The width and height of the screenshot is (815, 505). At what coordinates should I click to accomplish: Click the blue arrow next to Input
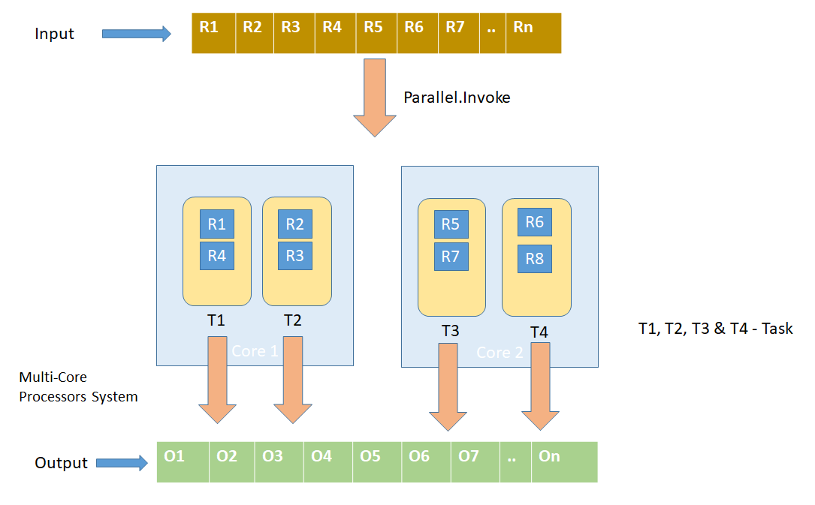tap(136, 34)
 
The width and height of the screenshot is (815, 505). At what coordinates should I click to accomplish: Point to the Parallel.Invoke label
tap(457, 98)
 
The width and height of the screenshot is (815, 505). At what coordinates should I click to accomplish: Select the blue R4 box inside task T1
tap(217, 256)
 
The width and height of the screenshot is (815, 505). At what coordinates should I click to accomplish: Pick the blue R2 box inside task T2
tap(295, 224)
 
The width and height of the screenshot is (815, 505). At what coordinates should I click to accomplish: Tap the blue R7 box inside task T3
tap(451, 257)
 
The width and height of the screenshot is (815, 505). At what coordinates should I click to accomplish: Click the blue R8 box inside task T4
tap(535, 259)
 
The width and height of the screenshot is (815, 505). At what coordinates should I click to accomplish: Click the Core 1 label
tap(255, 351)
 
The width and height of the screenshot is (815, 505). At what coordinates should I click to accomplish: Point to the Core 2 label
tap(500, 353)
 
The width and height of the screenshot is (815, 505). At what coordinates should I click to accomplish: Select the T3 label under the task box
tap(451, 331)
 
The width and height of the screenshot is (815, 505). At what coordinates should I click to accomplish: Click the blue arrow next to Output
tap(122, 463)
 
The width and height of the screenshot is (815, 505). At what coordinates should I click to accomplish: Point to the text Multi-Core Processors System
tap(78, 387)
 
